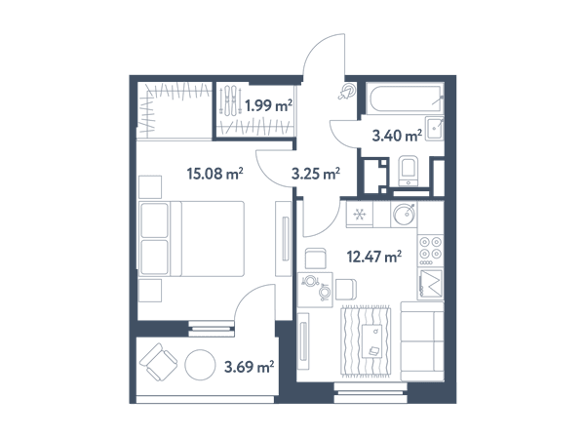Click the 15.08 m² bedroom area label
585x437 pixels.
(x=214, y=174)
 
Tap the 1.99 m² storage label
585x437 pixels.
(x=269, y=106)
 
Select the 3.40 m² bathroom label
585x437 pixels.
(x=397, y=136)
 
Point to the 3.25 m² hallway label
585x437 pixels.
(x=316, y=174)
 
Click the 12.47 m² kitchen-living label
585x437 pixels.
(x=374, y=257)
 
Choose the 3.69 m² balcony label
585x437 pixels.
(x=250, y=367)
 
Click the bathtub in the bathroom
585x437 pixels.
(x=405, y=99)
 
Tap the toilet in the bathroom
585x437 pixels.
(x=409, y=171)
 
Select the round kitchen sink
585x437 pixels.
(x=404, y=214)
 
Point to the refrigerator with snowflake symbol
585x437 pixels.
(x=360, y=215)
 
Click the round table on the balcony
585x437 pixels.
(x=200, y=365)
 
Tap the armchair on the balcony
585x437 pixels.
(x=159, y=362)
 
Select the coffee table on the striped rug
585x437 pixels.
(x=372, y=341)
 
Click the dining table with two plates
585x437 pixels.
(x=315, y=290)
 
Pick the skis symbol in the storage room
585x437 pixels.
(x=230, y=100)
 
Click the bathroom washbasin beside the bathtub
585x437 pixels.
(x=435, y=128)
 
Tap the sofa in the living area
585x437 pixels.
(x=422, y=341)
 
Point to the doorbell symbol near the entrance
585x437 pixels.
(x=347, y=92)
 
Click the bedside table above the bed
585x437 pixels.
(x=150, y=187)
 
